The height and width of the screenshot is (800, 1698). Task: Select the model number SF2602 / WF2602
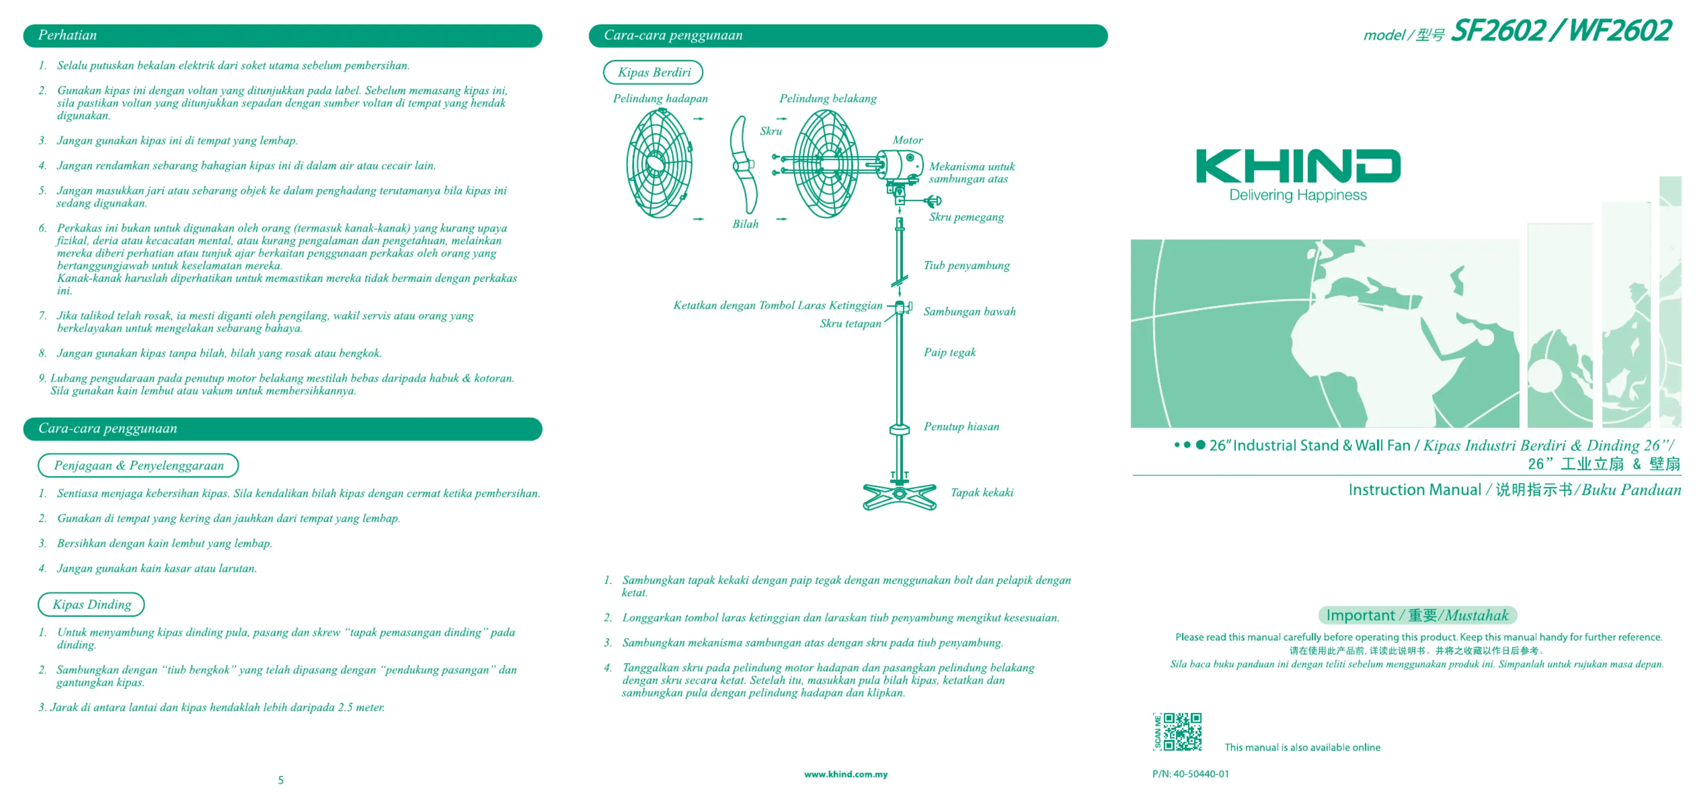click(1560, 31)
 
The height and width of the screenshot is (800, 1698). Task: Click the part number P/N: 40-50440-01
click(1190, 774)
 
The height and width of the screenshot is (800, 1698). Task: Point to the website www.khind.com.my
click(845, 774)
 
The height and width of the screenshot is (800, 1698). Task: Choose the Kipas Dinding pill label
click(92, 604)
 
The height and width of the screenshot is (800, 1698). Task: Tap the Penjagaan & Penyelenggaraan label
click(139, 465)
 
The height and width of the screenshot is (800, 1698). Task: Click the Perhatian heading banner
click(282, 36)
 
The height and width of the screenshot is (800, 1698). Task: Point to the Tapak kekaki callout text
click(982, 493)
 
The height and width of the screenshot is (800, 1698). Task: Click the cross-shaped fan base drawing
click(899, 496)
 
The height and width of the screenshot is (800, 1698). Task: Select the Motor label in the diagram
click(907, 140)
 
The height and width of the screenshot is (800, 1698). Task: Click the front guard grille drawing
click(658, 163)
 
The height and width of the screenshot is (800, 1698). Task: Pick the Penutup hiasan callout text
click(961, 426)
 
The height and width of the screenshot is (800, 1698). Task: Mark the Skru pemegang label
click(966, 217)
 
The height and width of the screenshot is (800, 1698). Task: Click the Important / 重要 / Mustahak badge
click(1417, 615)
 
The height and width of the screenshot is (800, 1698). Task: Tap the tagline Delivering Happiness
click(1297, 195)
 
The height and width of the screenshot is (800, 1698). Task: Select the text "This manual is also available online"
click(1302, 747)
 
